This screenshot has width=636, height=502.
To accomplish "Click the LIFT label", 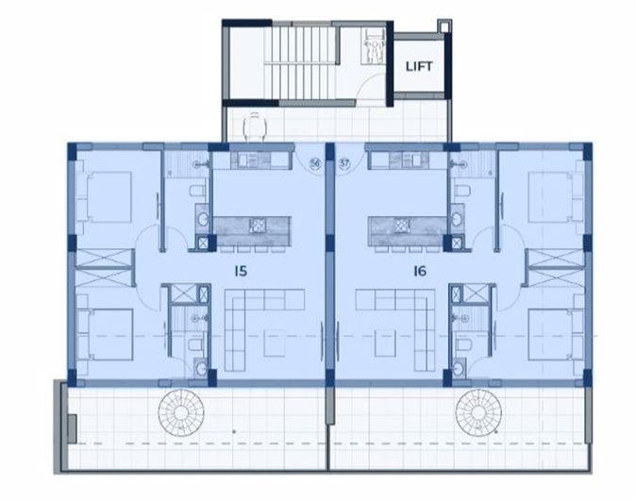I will coord(418,66).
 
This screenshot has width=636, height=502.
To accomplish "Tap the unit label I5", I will coord(241,271).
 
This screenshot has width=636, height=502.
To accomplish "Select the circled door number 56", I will coord(313,163).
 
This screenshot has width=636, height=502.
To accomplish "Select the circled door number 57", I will coord(344,163).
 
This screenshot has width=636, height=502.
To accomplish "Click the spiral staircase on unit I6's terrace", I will coord(479,413).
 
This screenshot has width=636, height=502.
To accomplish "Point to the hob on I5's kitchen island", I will coord(256,226).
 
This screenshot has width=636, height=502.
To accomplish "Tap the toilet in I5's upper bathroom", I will coord(195,193).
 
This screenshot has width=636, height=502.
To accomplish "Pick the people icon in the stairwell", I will coord(374,43).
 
